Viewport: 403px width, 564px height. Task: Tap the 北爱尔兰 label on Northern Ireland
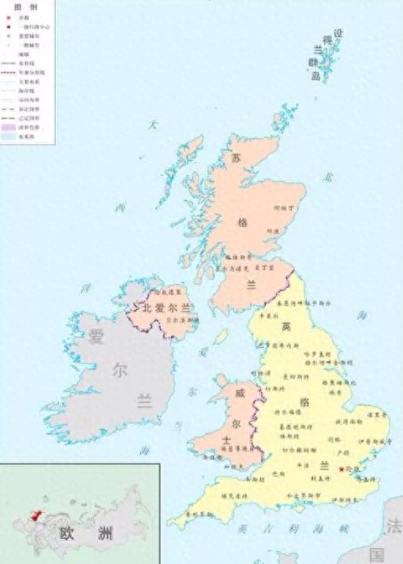point(166,308)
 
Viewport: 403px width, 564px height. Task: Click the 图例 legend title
point(26,6)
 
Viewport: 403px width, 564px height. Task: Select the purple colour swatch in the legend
point(9,126)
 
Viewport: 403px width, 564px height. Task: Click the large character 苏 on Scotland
point(235,159)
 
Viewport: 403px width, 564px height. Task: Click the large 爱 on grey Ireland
point(96,338)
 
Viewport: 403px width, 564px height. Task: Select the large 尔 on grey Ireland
point(119,369)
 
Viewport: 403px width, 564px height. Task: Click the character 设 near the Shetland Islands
point(338,34)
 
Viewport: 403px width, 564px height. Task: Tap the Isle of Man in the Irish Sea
point(222,337)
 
